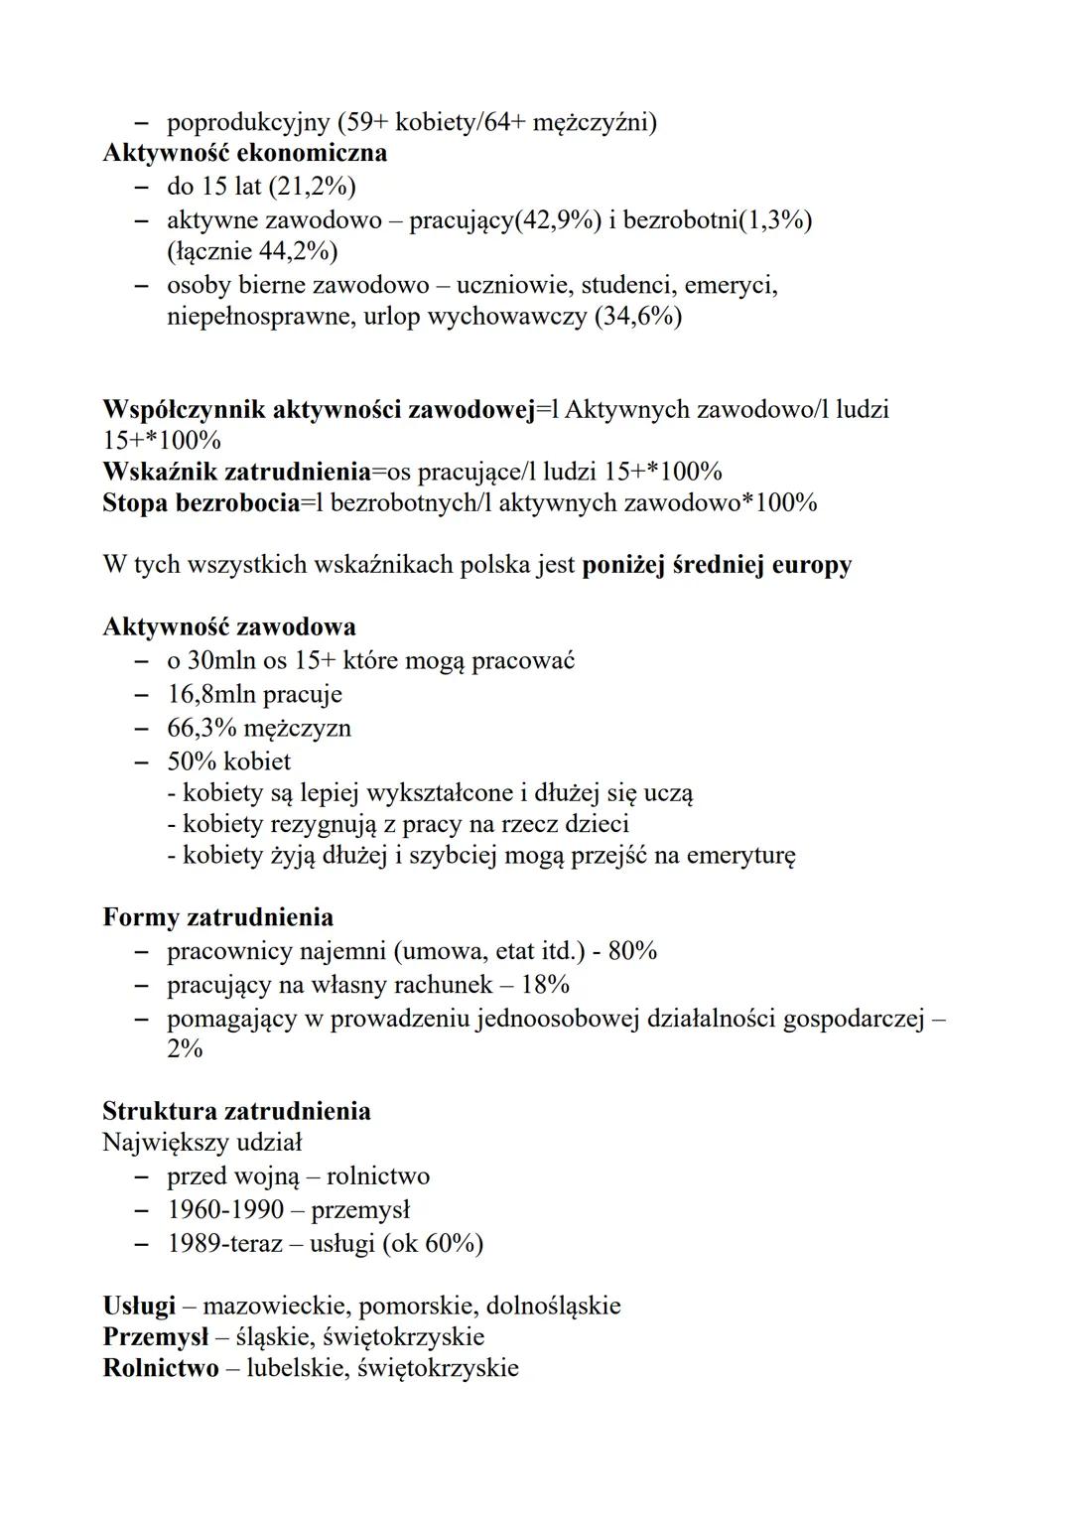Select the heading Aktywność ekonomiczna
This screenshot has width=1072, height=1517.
pos(244,153)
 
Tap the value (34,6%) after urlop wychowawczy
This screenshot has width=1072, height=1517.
pos(637,318)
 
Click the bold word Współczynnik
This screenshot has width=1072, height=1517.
pos(184,409)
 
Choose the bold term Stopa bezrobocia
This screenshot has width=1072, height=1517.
pos(201,502)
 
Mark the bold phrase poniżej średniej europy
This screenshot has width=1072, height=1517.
pos(717,565)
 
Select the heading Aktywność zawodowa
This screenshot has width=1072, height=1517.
pos(229,627)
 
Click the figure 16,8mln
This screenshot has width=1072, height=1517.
pos(210,694)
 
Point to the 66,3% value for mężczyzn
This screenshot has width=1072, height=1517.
pos(201,728)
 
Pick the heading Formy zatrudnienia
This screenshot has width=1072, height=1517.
pos(217,917)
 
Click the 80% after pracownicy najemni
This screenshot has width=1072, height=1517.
pos(632,951)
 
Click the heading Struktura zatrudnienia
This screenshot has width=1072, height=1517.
pos(236,1111)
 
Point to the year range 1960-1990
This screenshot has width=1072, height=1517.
pos(225,1210)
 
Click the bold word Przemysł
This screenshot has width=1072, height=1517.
pos(155,1337)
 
